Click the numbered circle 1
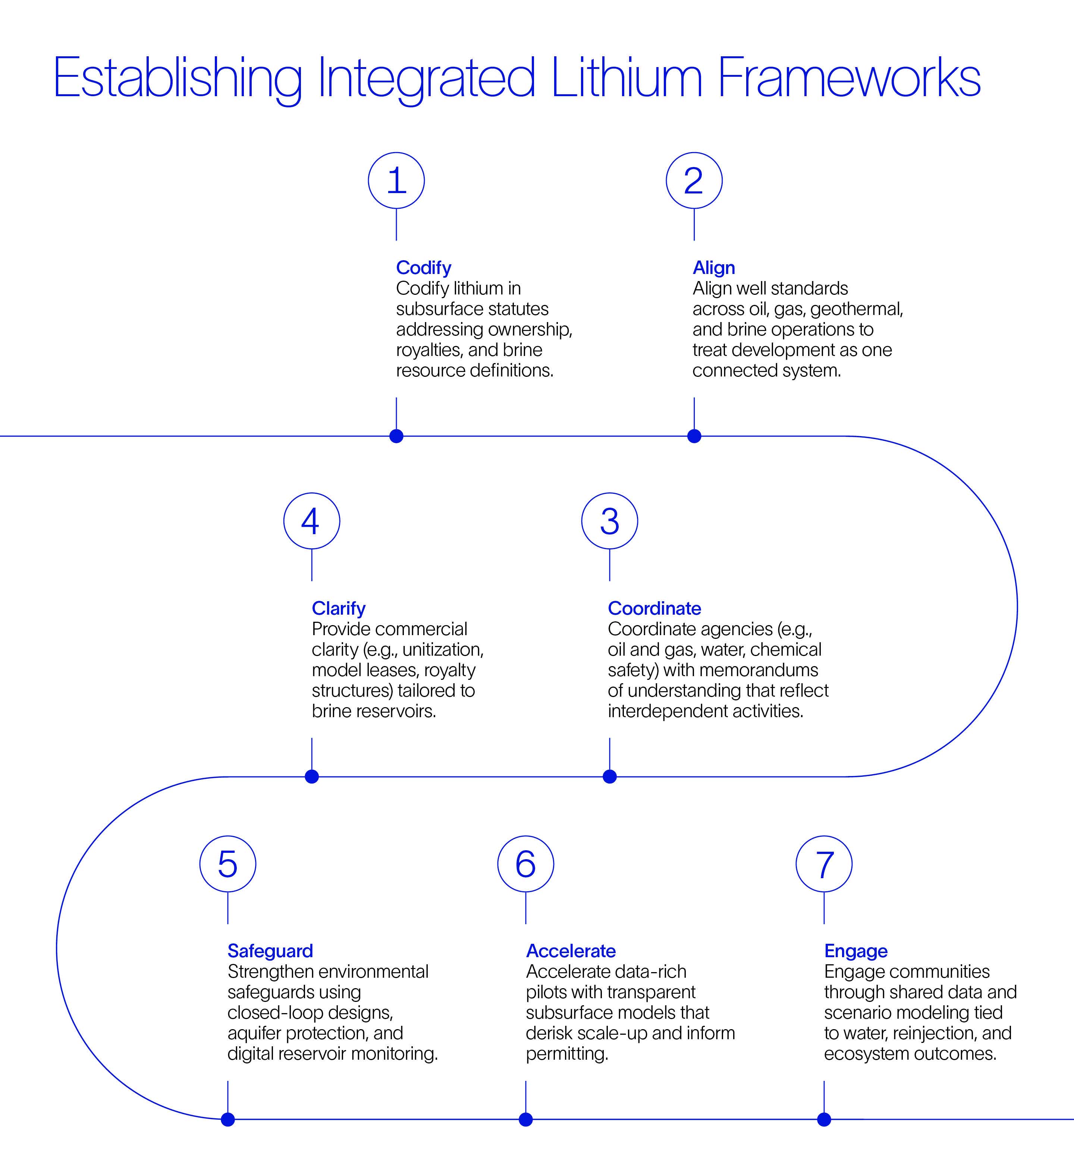396,181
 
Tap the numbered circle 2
694,181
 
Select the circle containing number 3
609,521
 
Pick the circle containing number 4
312,521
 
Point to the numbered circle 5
227,864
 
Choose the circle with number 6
525,864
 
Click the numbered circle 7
824,864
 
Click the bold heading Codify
424,268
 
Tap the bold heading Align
714,268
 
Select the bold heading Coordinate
654,608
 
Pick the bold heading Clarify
339,608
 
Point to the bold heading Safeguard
270,951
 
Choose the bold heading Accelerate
571,951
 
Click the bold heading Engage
856,951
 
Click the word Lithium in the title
626,78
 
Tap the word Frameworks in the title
849,78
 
